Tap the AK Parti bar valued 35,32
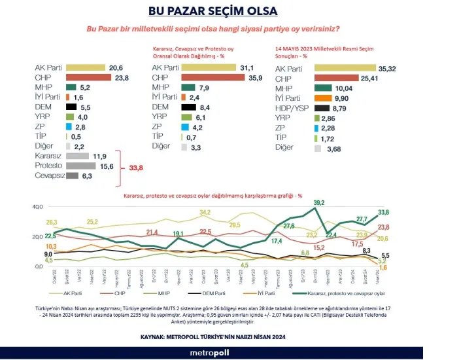point(345,67)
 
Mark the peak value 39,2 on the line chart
point(319,204)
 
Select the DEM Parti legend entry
point(212,295)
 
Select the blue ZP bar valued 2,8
point(69,126)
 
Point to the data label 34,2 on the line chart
point(205,212)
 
